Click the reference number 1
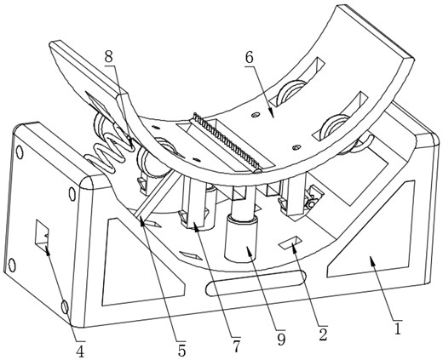click(x=398, y=329)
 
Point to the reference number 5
click(x=181, y=350)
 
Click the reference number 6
click(x=249, y=58)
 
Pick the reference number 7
click(x=237, y=346)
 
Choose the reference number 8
click(x=109, y=57)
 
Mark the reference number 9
click(x=281, y=339)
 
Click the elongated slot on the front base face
click(x=256, y=283)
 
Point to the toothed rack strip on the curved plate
click(x=227, y=142)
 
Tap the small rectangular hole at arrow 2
click(x=291, y=243)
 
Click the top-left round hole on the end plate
click(x=20, y=152)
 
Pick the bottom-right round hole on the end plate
click(x=65, y=307)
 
